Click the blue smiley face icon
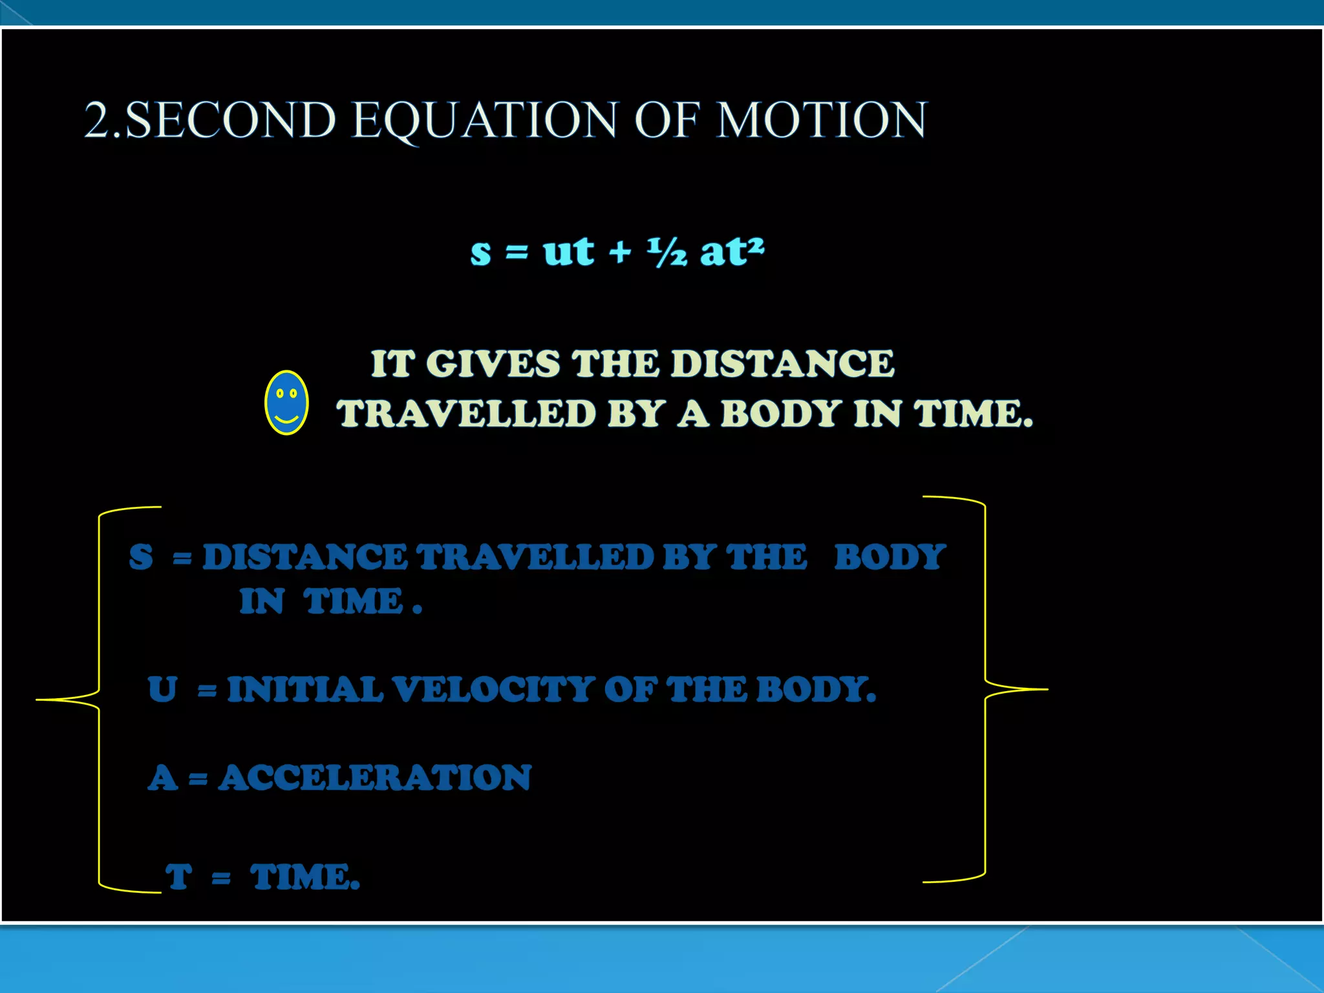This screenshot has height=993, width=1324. click(x=286, y=402)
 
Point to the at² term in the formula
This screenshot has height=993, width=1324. click(x=732, y=251)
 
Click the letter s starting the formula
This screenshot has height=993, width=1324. click(x=481, y=252)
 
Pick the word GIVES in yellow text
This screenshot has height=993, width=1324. click(x=493, y=363)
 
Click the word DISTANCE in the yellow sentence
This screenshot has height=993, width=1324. click(x=783, y=363)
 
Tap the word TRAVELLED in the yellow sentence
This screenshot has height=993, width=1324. click(x=465, y=414)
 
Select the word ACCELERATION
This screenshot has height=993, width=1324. click(x=375, y=778)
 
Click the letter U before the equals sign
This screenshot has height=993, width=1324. click(x=162, y=689)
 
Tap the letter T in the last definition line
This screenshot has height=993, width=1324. click(x=179, y=877)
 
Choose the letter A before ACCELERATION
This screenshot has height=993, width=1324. click(x=162, y=778)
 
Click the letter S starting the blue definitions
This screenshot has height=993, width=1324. click(x=141, y=557)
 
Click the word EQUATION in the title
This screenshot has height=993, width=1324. click(x=485, y=120)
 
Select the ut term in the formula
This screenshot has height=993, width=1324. click(x=568, y=251)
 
